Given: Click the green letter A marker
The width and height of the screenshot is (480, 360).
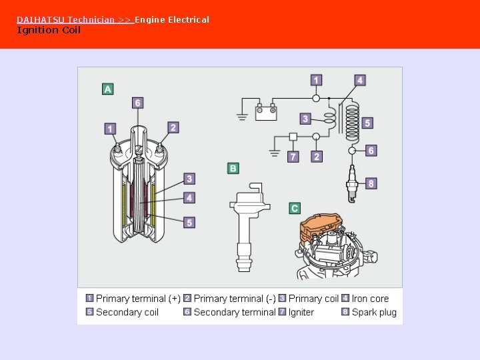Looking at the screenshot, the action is tap(107, 89).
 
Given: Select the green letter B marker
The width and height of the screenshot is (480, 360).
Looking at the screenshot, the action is tap(233, 168).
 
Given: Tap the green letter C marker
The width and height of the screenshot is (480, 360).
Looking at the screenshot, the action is tap(295, 208).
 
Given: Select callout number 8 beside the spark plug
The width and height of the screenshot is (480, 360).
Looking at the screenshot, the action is tap(371, 183).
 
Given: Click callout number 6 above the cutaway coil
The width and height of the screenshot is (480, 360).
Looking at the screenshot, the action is tap(137, 103).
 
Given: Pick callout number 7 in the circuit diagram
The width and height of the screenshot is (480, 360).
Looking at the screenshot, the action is tap(293, 157).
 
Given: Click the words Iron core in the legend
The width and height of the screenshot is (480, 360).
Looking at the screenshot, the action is tap(370, 299).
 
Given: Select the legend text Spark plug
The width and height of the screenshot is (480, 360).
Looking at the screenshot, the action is tap(374, 312).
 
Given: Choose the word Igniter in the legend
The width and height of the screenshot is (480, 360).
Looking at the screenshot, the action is tap(301, 312).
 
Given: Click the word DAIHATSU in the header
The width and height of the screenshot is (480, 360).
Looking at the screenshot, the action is tap(40, 19).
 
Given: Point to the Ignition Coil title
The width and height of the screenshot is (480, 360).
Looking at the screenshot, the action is tap(48, 30).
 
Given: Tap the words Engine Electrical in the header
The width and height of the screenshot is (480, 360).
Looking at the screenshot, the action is tap(172, 19).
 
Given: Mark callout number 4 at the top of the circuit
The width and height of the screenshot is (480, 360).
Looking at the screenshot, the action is tap(360, 81).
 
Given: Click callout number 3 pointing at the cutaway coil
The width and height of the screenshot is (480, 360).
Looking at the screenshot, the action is tap(189, 179).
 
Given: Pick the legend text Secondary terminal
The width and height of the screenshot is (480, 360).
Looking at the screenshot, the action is tap(234, 312).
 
